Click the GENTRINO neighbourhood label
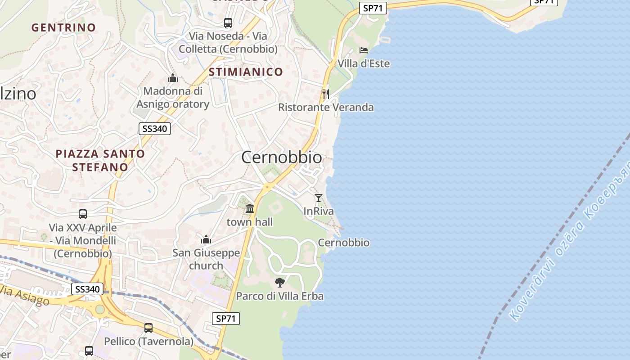pyautogui.click(x=63, y=27)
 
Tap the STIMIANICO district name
pyautogui.click(x=246, y=72)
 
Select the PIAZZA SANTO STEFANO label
pyautogui.click(x=100, y=160)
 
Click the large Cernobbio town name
pyautogui.click(x=282, y=157)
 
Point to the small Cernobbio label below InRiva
pyautogui.click(x=344, y=243)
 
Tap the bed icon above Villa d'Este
pyautogui.click(x=364, y=50)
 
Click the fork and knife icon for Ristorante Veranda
pyautogui.click(x=326, y=94)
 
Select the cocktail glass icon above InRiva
pyautogui.click(x=319, y=198)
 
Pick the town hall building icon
pyautogui.click(x=250, y=209)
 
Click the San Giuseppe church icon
pyautogui.click(x=206, y=239)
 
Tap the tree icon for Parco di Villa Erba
pyautogui.click(x=280, y=283)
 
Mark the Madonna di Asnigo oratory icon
pyautogui.click(x=173, y=78)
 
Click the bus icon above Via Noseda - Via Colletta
pyautogui.click(x=228, y=22)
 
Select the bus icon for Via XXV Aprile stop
pyautogui.click(x=83, y=214)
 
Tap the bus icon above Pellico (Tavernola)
pyautogui.click(x=148, y=328)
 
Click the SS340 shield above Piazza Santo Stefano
pyautogui.click(x=154, y=129)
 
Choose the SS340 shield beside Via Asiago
pyautogui.click(x=87, y=289)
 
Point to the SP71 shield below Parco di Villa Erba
pyautogui.click(x=226, y=319)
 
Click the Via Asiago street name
pyautogui.click(x=25, y=295)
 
